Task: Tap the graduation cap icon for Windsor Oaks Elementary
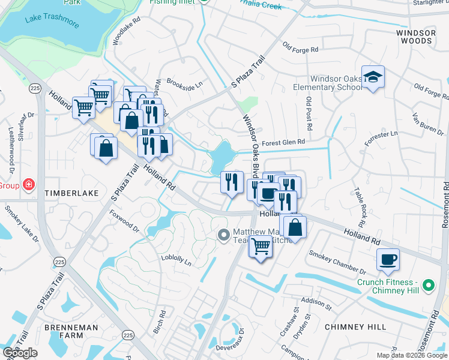[x=373, y=77]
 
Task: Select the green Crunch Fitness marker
[x=428, y=286]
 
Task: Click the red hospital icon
[x=28, y=184]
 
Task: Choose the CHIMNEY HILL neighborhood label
[x=355, y=327]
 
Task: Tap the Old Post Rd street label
[x=309, y=114]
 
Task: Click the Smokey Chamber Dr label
[x=337, y=262]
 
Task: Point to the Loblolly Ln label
[x=176, y=261]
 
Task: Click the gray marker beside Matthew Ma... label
[x=224, y=235]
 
